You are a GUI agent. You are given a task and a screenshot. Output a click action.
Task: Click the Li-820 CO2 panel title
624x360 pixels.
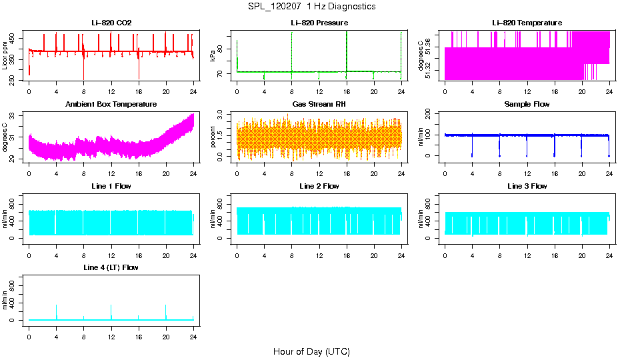(x=111, y=23)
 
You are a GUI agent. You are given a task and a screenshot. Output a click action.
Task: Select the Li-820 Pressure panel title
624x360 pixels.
(x=319, y=23)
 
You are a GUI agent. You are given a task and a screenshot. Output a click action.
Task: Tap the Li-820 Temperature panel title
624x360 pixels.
(x=527, y=23)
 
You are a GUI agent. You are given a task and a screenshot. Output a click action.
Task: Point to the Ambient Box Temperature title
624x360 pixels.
(x=111, y=105)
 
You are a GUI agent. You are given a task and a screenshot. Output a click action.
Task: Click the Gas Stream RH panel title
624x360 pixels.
(x=319, y=105)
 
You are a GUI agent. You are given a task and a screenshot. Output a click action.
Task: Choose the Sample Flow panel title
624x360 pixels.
(x=527, y=105)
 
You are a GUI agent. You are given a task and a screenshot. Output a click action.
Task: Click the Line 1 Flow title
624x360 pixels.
(x=111, y=186)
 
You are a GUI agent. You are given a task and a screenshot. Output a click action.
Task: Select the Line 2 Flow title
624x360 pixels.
(x=319, y=186)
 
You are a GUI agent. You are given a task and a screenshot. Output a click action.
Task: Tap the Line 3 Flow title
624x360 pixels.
(x=527, y=186)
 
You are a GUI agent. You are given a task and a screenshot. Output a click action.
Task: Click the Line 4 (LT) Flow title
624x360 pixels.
(x=111, y=267)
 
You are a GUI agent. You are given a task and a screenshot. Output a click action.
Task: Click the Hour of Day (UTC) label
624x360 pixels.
(x=311, y=351)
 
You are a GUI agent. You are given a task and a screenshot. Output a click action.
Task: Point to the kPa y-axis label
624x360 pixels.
(x=213, y=56)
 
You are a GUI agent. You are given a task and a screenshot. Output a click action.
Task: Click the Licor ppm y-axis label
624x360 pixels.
(x=5, y=56)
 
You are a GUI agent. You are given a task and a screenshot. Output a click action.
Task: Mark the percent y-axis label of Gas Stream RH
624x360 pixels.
(x=213, y=137)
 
